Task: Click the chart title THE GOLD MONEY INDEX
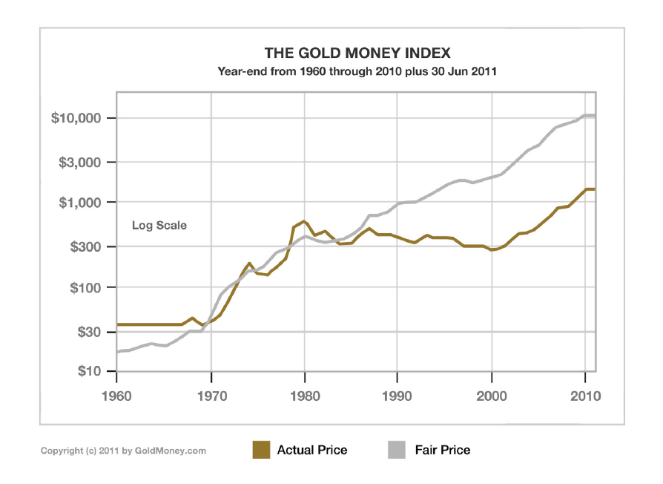point(357,53)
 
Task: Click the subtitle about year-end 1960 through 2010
point(357,72)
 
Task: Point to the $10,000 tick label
point(81,119)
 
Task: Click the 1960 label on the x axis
point(117,396)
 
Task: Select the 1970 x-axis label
point(211,396)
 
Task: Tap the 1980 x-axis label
point(304,396)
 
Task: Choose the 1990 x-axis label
point(398,396)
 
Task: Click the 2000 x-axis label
point(492,396)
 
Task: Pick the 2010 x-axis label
point(585,396)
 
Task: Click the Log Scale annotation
point(159,226)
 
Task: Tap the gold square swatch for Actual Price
point(261,450)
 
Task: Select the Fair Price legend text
point(443,450)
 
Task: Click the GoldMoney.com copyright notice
point(123,451)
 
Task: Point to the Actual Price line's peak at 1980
point(304,221)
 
